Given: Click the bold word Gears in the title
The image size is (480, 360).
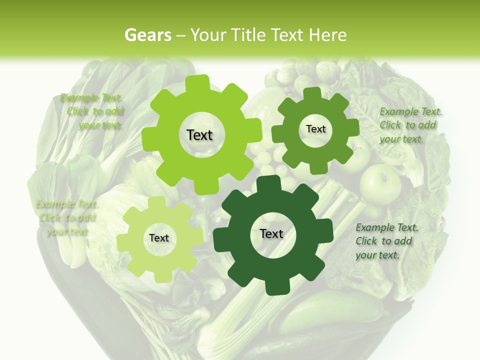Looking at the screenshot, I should click(147, 35).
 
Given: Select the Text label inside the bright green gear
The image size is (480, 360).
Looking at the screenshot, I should click(199, 135).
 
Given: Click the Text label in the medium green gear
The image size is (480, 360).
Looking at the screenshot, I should click(315, 129).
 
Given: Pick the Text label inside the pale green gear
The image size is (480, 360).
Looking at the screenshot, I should click(159, 238).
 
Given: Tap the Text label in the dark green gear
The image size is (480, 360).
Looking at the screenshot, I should click(271, 233).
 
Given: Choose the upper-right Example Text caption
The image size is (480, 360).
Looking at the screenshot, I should click(410, 125).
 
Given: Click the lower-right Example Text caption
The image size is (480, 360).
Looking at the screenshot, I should click(386, 241).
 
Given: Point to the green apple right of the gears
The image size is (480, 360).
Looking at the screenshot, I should click(380, 182).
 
